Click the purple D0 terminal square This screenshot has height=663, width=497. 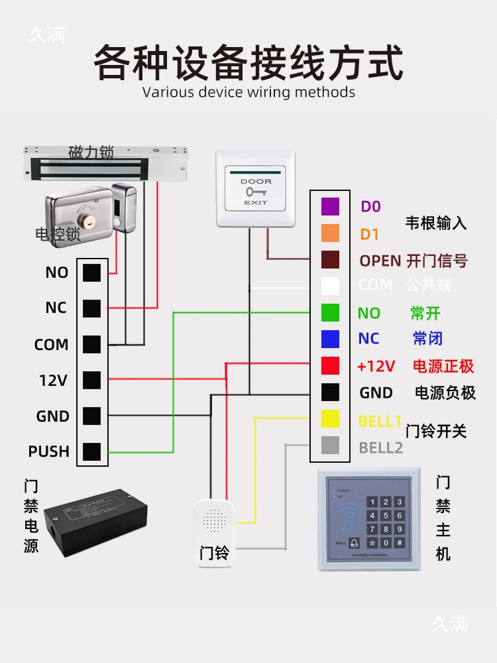[330, 206]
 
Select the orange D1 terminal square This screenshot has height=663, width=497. [330, 233]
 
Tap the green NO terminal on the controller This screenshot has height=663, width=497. [330, 312]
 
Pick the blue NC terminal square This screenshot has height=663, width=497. [330, 339]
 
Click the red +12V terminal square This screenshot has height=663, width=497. [330, 365]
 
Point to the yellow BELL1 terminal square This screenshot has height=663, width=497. [330, 419]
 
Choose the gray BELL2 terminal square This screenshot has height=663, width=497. [330, 446]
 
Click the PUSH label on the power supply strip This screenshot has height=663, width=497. [48, 452]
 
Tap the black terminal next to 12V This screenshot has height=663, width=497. [92, 380]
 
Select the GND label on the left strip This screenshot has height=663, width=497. [52, 416]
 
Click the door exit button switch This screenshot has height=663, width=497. [255, 190]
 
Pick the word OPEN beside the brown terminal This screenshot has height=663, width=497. [380, 261]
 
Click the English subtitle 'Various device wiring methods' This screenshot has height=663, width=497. [248, 91]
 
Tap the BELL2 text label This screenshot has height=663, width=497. [380, 448]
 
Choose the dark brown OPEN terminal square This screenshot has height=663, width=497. [330, 259]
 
